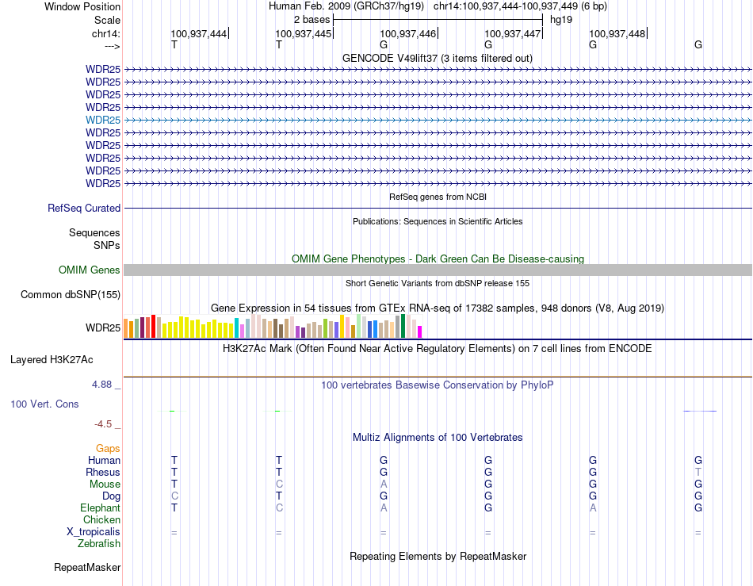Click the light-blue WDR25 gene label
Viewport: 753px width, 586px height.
tap(103, 120)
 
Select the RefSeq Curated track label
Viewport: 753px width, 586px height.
tap(84, 208)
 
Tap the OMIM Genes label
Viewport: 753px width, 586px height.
tap(90, 270)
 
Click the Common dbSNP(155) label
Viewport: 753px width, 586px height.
tap(71, 295)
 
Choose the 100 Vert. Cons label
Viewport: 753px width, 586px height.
tap(44, 404)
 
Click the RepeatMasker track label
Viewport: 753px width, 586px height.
tap(87, 568)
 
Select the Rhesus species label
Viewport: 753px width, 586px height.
tap(103, 473)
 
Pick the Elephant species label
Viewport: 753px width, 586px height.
tap(100, 508)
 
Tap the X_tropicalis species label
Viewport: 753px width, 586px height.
tap(94, 532)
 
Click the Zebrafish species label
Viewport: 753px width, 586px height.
tap(99, 544)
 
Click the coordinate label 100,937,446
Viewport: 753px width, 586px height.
tap(407, 33)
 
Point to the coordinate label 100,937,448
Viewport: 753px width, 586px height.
tap(617, 33)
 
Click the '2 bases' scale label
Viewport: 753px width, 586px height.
tap(312, 19)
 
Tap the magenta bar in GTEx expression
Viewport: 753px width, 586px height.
tap(420, 331)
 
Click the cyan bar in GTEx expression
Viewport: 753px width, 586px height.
tap(237, 328)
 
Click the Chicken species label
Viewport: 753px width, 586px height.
tap(101, 520)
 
